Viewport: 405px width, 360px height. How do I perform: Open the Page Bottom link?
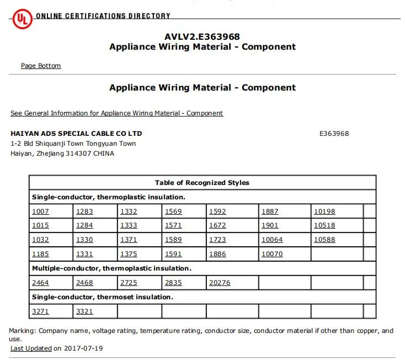41,66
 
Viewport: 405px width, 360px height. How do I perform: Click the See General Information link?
116,113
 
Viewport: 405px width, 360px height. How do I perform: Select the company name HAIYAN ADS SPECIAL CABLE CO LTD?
76,134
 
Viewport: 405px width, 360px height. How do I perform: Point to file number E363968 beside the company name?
334,134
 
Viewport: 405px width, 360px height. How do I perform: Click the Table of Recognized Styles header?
202,183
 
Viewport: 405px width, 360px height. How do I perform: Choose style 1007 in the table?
40,211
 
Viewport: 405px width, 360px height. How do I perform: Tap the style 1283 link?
84,211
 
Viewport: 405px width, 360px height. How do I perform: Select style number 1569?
173,211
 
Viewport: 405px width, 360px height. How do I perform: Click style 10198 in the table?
324,211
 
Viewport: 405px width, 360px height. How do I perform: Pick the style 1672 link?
217,225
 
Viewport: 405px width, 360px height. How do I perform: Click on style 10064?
272,240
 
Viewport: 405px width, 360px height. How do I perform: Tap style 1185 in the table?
40,254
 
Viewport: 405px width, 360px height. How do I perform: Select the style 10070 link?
272,254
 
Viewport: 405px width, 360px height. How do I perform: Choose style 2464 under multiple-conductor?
40,283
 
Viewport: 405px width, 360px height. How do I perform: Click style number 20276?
220,283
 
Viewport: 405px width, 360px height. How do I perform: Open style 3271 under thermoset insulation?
40,311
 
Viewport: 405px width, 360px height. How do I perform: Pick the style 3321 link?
84,311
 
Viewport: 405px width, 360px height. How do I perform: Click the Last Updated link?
31,348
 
